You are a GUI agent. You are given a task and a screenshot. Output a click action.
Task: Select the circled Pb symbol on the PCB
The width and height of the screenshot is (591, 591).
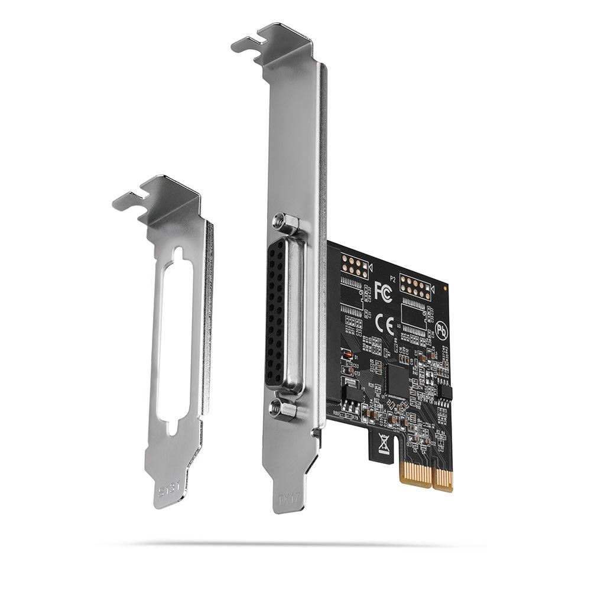[441, 329]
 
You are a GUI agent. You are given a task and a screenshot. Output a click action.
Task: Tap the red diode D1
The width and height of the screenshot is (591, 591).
[349, 355]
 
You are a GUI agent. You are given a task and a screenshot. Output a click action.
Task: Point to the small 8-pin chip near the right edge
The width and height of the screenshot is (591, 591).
[444, 391]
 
